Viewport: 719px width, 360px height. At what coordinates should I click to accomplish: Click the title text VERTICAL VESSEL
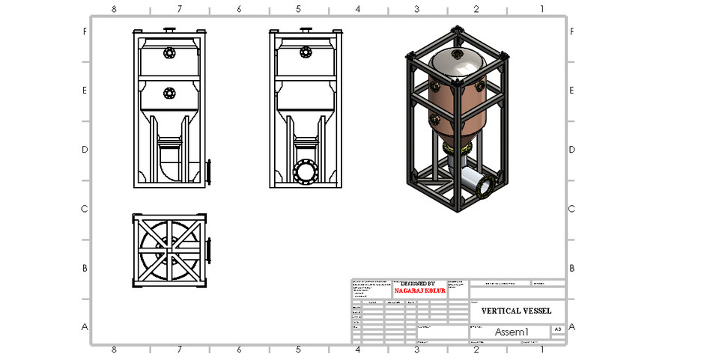[516, 310]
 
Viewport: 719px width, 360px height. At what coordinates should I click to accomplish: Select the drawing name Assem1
[512, 332]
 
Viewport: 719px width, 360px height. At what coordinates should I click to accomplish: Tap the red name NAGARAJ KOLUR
[419, 290]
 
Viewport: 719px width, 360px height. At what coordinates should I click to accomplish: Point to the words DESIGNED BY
[417, 284]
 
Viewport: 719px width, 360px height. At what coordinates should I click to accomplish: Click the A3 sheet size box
[557, 329]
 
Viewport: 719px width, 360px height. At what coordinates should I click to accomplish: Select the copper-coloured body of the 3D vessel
[457, 101]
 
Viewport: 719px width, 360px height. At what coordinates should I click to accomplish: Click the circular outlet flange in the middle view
[306, 171]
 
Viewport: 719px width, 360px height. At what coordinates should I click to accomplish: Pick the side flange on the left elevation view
[210, 171]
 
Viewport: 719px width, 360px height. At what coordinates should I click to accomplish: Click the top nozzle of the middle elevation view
[306, 31]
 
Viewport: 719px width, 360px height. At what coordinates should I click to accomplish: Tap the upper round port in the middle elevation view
[306, 52]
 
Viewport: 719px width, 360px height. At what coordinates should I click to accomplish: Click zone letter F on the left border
[85, 32]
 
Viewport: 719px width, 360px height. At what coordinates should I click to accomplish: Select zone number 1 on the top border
[541, 9]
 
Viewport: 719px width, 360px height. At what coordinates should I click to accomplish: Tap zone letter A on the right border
[573, 327]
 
